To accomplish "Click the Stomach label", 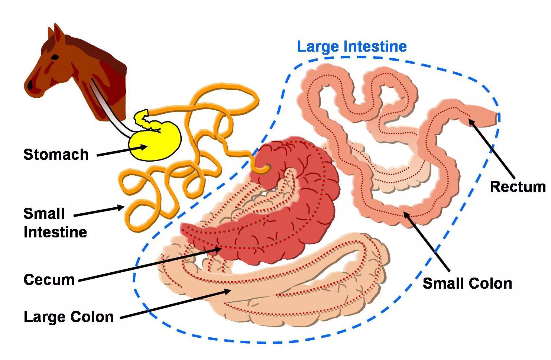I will tap(56, 155).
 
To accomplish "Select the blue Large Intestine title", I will tap(351, 47).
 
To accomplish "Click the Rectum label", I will tap(518, 187).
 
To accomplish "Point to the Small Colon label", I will tap(467, 283).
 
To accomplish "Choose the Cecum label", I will tap(49, 280).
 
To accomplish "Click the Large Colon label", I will tap(68, 317).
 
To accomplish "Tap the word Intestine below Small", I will tap(55, 232).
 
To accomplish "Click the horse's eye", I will tap(54, 58).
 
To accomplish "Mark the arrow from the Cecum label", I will tap(149, 265).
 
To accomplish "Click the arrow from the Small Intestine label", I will tap(98, 211).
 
